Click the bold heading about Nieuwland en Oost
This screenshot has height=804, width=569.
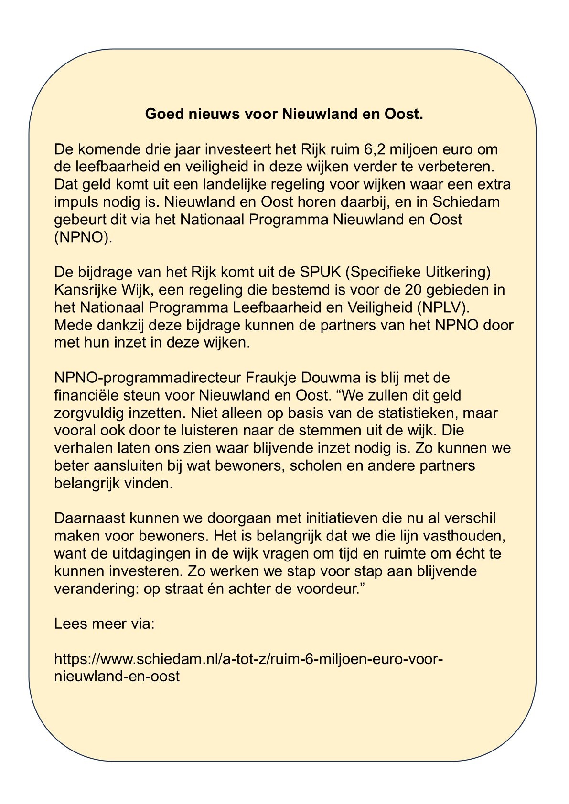(284, 114)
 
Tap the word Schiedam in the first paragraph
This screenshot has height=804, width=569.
(466, 202)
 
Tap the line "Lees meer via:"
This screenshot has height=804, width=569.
(104, 624)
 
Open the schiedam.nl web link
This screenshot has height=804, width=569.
(248, 659)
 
